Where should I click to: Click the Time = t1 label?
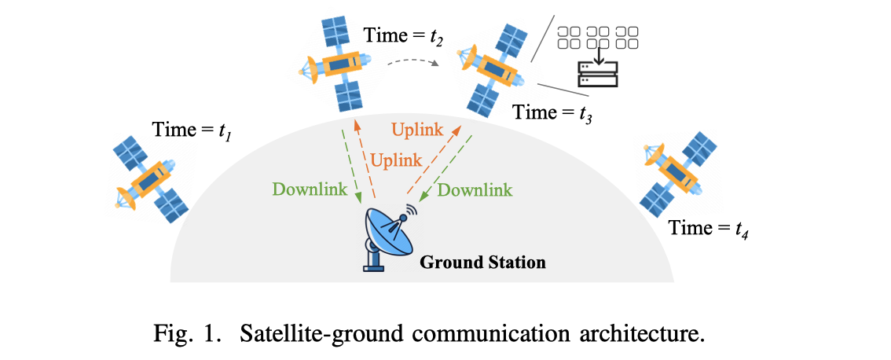pos(190,129)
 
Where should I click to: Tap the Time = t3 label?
pos(552,112)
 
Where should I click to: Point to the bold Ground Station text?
pos(482,261)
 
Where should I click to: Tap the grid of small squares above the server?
pos(597,37)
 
